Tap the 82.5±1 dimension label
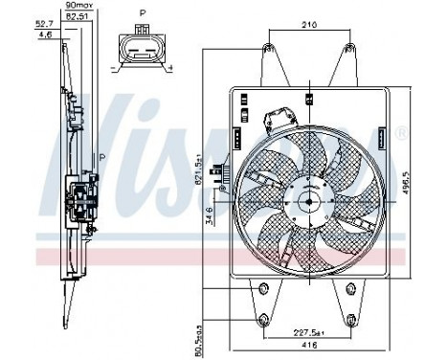pos(77,16)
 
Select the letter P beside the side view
pos(102,156)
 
